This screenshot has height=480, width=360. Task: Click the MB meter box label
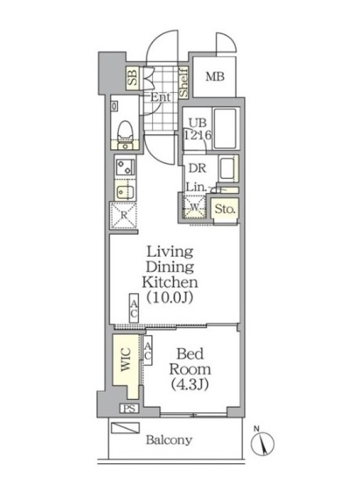215,77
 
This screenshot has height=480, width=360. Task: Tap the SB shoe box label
133,78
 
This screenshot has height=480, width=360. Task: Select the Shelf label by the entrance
184,83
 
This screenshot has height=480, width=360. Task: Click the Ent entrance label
160,97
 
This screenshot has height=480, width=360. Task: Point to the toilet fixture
125,134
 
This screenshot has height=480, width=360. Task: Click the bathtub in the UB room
225,128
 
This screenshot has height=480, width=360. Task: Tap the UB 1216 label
198,129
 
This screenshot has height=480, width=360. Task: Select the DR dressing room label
197,169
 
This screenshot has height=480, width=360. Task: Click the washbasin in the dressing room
227,169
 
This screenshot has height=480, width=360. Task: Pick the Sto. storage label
225,209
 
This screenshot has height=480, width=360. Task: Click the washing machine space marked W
194,207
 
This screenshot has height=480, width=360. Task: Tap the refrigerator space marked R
124,215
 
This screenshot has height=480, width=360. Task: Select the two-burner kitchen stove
125,167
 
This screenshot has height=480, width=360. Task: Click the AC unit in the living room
134,308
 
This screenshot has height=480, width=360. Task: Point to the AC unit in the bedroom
148,350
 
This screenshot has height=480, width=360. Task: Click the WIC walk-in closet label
126,359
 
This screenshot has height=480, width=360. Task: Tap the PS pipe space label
129,409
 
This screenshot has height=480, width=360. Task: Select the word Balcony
169,440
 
